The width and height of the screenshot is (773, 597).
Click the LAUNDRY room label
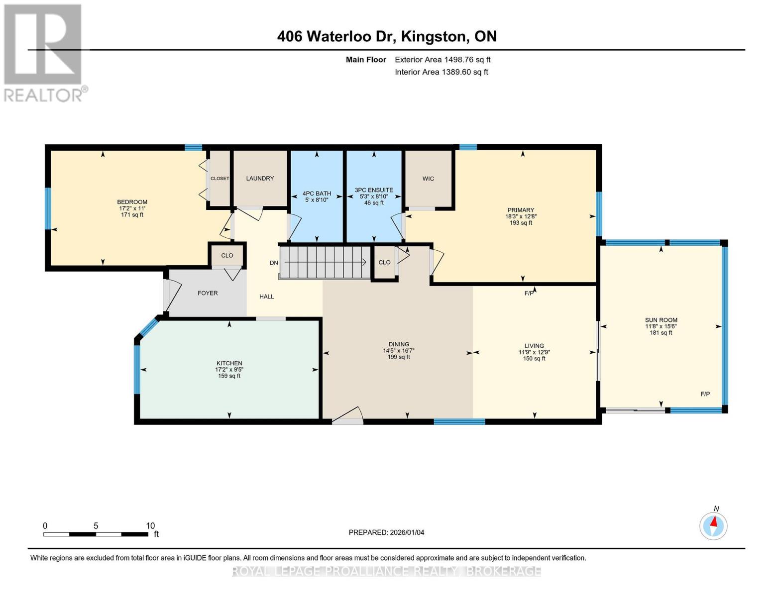[260, 179]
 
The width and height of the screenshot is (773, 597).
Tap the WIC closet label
[428, 179]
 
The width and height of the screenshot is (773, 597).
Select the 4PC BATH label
[317, 194]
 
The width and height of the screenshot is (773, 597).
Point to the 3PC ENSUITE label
[374, 190]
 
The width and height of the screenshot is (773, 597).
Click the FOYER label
[208, 293]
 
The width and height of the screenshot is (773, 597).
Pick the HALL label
[267, 297]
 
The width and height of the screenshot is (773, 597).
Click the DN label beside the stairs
[274, 263]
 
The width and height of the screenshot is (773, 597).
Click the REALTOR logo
[43, 52]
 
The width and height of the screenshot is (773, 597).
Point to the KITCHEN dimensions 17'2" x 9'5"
[229, 370]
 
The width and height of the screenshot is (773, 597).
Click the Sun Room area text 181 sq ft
[661, 333]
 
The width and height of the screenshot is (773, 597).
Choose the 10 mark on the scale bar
[150, 525]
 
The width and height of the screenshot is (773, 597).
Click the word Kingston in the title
[435, 36]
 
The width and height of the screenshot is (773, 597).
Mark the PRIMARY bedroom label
[521, 210]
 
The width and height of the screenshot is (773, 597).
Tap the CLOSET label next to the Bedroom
[220, 179]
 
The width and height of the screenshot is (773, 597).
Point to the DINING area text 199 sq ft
[398, 357]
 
